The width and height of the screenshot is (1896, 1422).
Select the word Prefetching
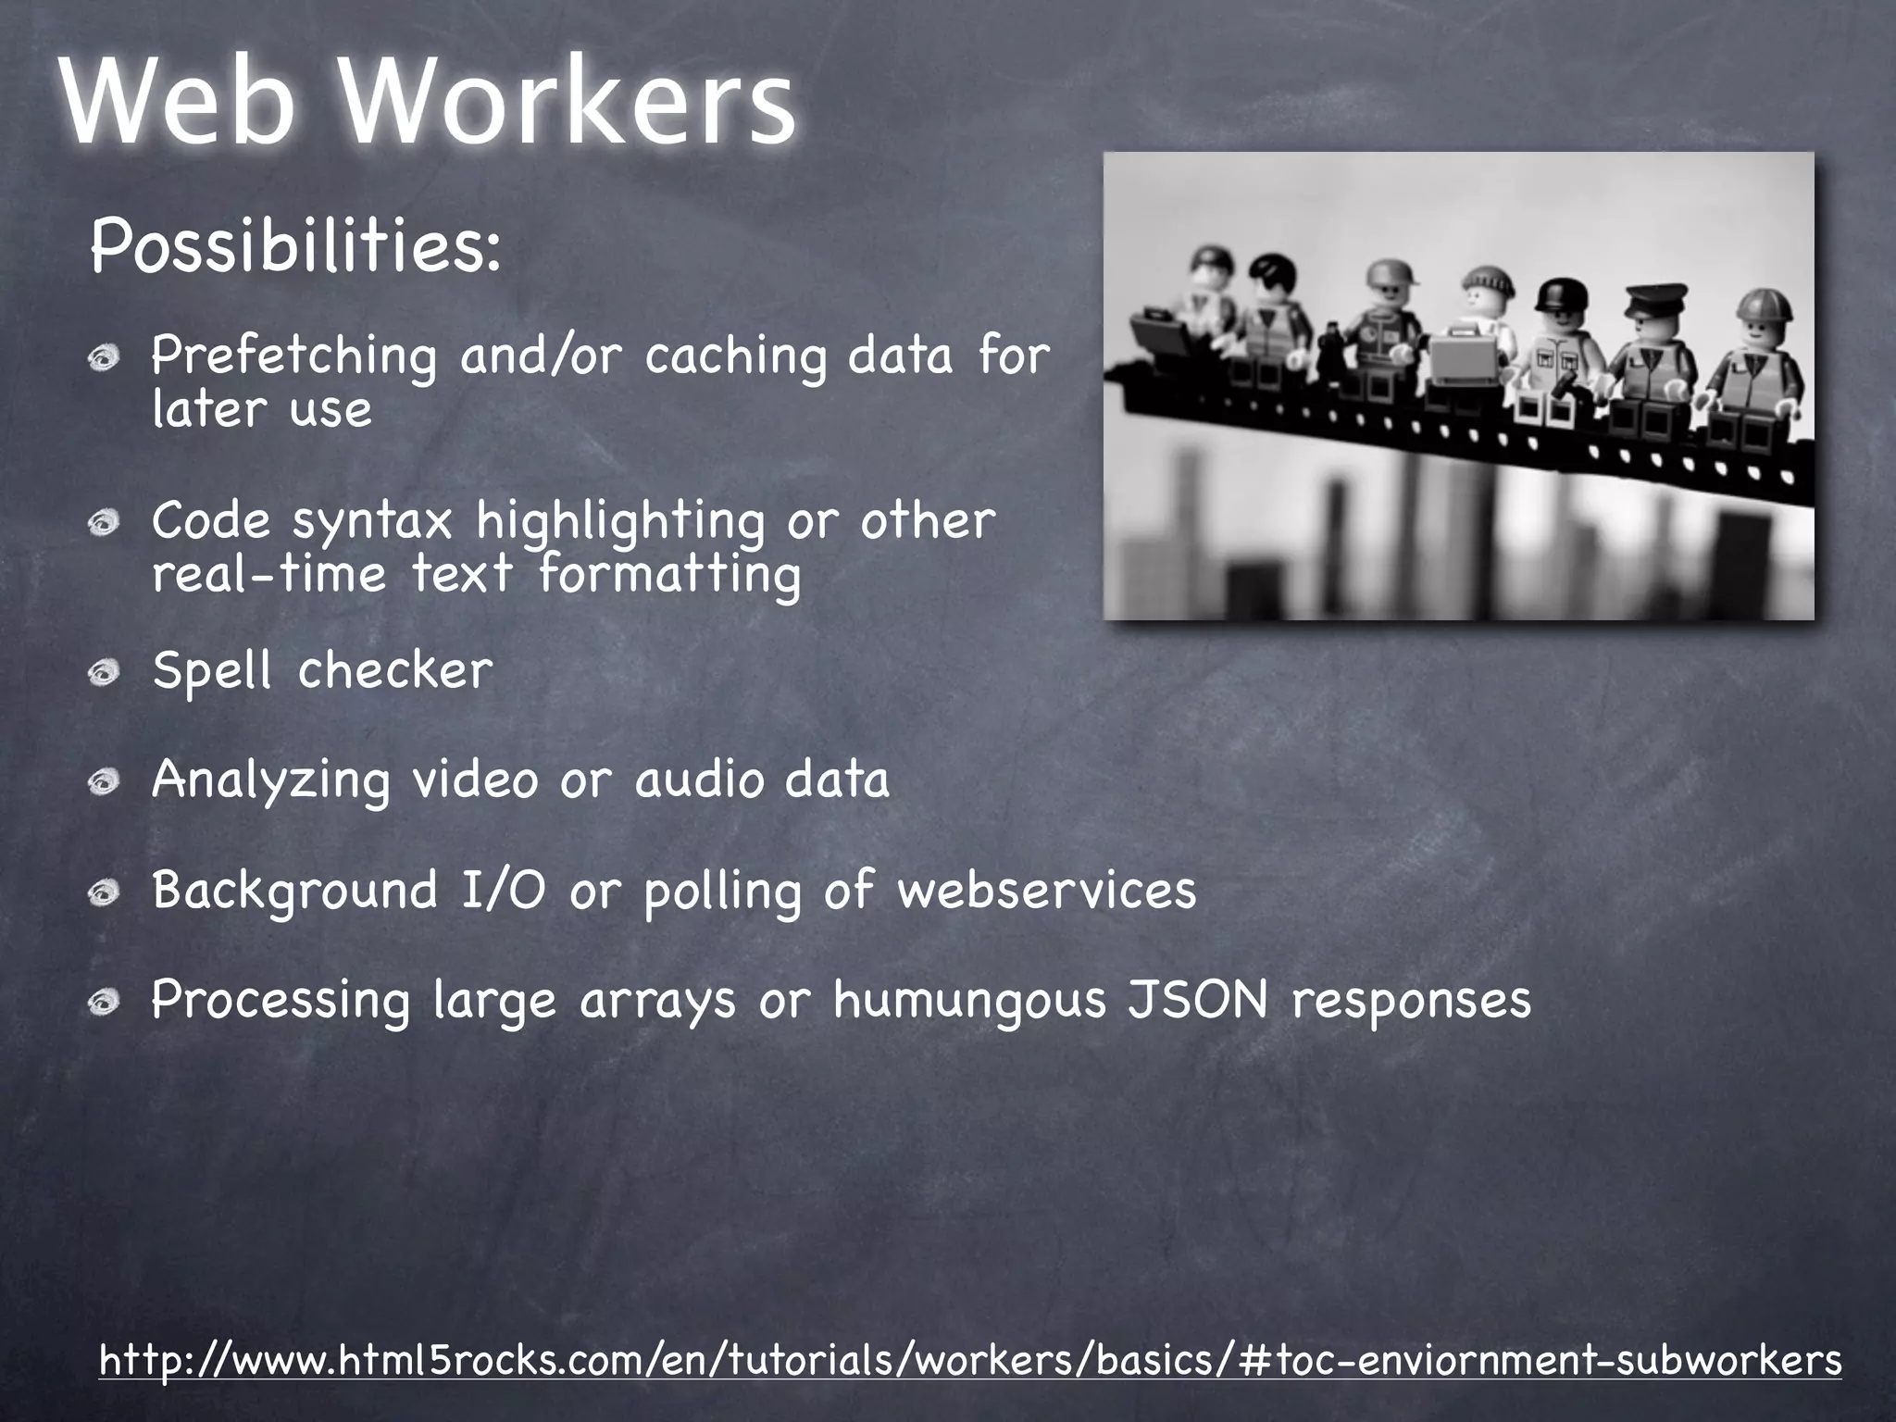pos(293,356)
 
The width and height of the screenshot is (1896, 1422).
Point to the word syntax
pos(372,521)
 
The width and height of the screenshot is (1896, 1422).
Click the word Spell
pos(212,669)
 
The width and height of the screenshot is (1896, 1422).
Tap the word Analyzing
pos(270,780)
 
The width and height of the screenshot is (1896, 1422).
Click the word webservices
pos(1047,890)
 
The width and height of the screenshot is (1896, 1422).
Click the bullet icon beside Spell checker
pos(105,673)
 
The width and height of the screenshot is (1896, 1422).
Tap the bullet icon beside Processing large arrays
pos(105,1003)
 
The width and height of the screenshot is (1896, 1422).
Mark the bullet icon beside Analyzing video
pos(105,783)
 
